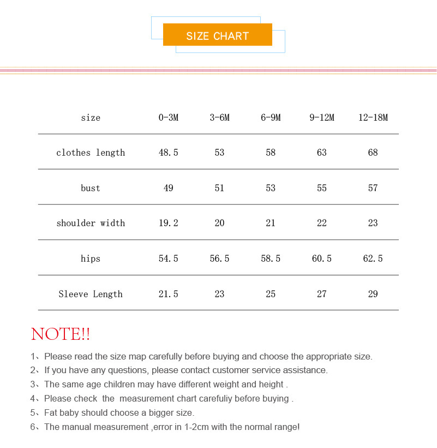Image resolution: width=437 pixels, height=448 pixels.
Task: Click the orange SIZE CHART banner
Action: pos(217,35)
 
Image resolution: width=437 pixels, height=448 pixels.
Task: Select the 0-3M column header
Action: pos(169,117)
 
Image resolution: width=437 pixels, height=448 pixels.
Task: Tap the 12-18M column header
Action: pos(373,117)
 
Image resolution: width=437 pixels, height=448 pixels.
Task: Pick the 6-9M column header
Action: pos(271,117)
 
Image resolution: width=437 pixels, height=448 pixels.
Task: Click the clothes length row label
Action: pos(91,152)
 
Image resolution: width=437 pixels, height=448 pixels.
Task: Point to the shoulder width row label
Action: pos(91,223)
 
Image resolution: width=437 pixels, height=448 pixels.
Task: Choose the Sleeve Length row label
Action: pos(91,294)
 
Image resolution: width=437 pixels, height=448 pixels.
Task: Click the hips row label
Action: pos(91,258)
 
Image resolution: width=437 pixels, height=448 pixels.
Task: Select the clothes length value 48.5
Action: pos(169,152)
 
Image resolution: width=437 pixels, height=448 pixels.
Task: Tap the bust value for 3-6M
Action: pos(219,188)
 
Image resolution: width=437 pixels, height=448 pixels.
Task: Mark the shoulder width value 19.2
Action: pos(169,223)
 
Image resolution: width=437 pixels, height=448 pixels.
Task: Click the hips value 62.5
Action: pos(373,258)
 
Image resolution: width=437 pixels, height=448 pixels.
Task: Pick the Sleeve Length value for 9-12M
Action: pos(322,294)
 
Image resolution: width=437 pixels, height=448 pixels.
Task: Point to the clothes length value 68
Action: pos(373,152)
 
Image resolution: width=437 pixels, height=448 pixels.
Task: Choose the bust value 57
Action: pos(373,188)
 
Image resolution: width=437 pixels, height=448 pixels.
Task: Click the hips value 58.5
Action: pos(271,258)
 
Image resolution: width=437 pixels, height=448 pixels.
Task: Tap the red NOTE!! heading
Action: pos(61,334)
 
